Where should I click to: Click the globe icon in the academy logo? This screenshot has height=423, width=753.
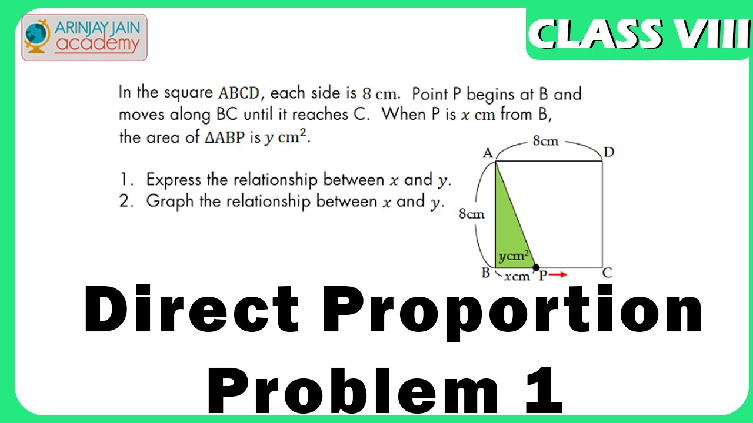[38, 36]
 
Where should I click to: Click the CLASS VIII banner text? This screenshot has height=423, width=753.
[639, 33]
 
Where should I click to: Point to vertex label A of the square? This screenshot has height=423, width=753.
[488, 153]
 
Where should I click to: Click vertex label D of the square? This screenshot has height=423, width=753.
[609, 152]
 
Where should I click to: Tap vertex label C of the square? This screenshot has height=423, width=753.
[607, 273]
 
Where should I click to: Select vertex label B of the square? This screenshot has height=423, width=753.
[485, 273]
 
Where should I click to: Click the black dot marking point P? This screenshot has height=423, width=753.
[536, 267]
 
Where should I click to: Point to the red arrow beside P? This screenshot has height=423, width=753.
[558, 274]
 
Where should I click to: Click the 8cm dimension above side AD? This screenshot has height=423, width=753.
[545, 140]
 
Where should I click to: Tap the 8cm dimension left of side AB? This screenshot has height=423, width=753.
[471, 213]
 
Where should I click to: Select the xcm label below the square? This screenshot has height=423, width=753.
[517, 277]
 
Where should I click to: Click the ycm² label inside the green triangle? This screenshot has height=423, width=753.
[514, 256]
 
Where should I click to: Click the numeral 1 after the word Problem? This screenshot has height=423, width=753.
[544, 390]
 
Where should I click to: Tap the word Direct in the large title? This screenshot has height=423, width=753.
[191, 309]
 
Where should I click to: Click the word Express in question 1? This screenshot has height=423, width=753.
[174, 180]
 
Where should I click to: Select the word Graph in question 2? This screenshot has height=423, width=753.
[170, 202]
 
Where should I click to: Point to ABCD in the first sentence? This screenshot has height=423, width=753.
[239, 93]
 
